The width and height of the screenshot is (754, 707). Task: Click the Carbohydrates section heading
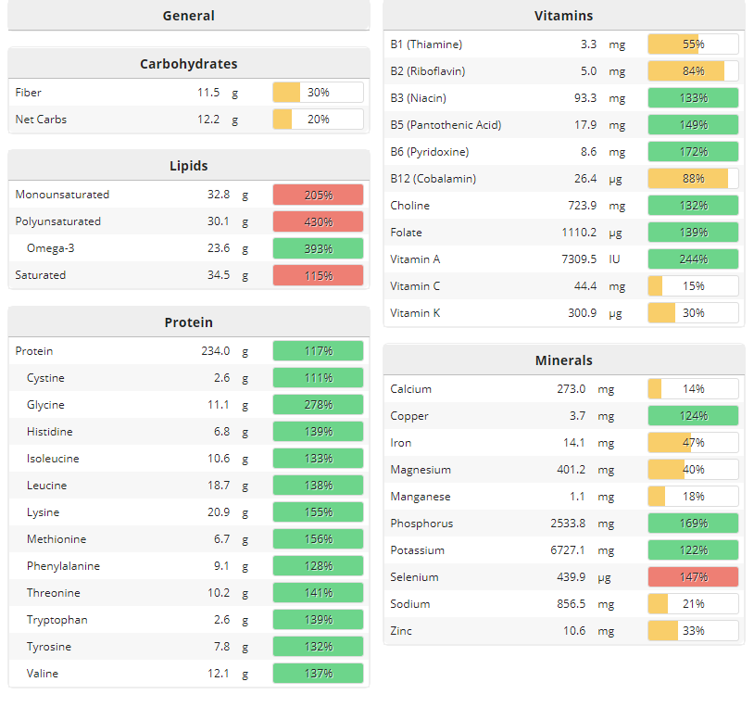pyautogui.click(x=188, y=64)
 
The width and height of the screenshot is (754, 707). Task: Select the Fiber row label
pyautogui.click(x=29, y=93)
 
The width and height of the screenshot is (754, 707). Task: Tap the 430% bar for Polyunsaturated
pyautogui.click(x=318, y=221)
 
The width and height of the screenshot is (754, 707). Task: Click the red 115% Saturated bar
pyautogui.click(x=318, y=275)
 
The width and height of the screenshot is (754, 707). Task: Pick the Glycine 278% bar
pyautogui.click(x=318, y=405)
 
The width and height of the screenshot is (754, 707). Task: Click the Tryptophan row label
pyautogui.click(x=57, y=620)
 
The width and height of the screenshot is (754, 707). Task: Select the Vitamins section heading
pyautogui.click(x=563, y=16)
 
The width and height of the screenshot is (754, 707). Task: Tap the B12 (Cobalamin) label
pyautogui.click(x=434, y=179)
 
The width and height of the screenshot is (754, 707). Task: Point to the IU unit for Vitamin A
pyautogui.click(x=614, y=259)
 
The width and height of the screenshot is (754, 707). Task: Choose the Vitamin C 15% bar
pyautogui.click(x=693, y=286)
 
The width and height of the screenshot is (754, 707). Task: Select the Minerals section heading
pyautogui.click(x=563, y=360)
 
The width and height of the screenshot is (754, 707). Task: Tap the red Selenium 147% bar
pyautogui.click(x=693, y=577)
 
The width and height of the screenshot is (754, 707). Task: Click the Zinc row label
pyautogui.click(x=401, y=631)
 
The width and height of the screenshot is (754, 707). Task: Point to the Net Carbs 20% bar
pyautogui.click(x=318, y=120)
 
